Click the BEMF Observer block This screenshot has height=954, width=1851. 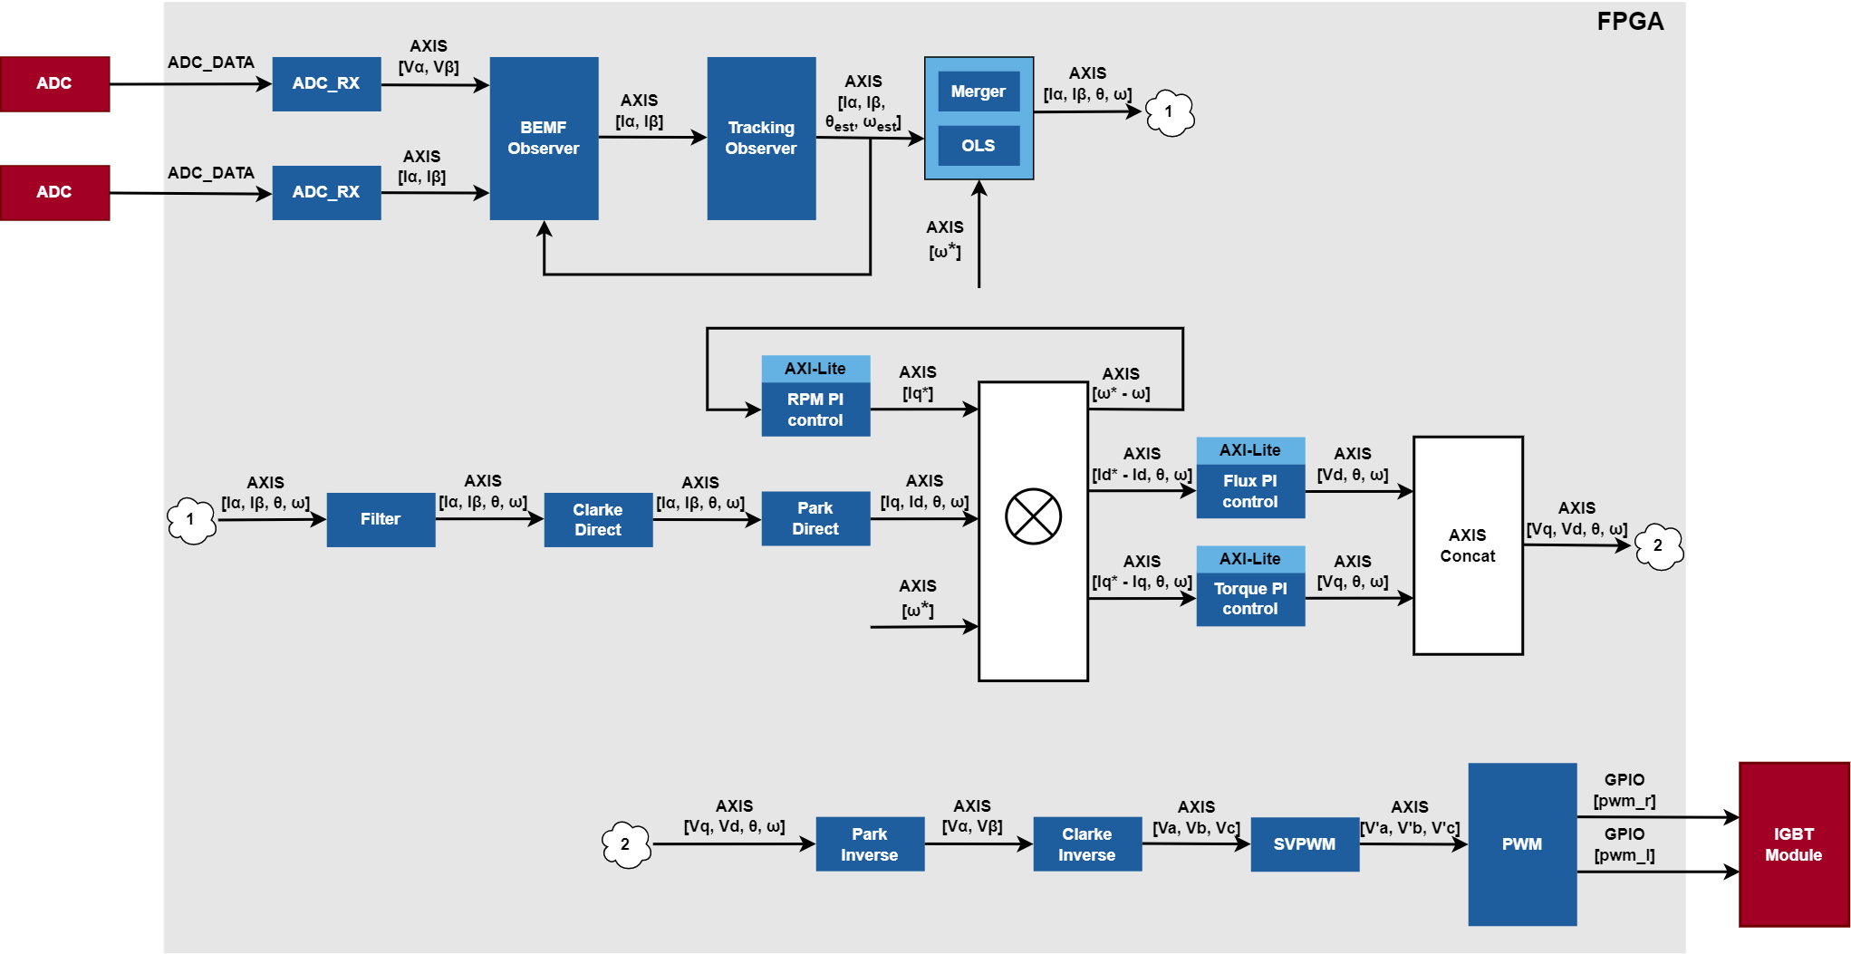click(544, 138)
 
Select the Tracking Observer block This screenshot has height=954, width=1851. click(761, 138)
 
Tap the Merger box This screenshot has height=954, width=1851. click(979, 92)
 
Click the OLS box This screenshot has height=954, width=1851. click(979, 145)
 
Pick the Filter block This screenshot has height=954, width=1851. click(381, 519)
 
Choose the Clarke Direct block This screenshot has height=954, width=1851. click(598, 519)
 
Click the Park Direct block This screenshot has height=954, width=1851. click(815, 518)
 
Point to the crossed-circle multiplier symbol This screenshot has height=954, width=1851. click(1033, 516)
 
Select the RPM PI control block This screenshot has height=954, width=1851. click(815, 410)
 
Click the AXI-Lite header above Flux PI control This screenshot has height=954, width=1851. click(1250, 450)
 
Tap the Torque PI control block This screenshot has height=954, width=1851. click(1250, 599)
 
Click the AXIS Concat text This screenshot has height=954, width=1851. click(1468, 545)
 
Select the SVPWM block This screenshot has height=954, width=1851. click(1305, 844)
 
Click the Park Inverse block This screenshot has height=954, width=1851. click(870, 844)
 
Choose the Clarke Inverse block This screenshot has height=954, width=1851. click(1087, 844)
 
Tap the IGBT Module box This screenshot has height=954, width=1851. click(1794, 844)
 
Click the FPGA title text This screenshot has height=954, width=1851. click(1630, 22)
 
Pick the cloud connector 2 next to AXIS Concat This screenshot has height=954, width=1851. click(1659, 546)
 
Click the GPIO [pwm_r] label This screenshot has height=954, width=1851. click(1624, 790)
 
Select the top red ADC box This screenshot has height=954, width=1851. click(54, 83)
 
